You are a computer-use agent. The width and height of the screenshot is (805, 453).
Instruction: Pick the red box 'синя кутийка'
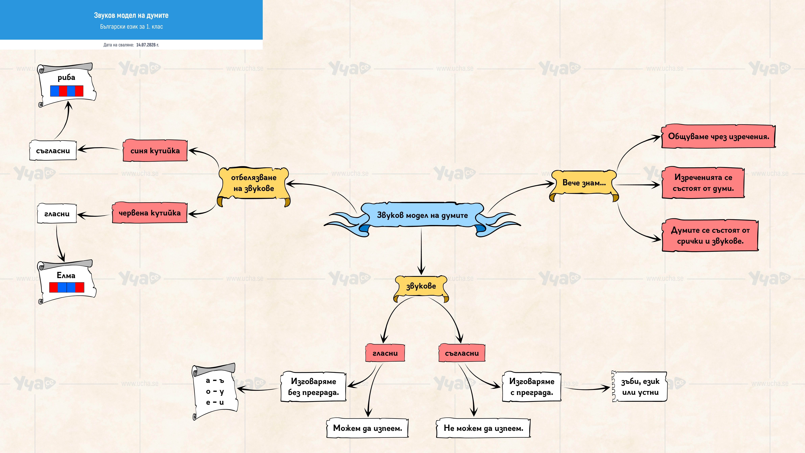(155, 151)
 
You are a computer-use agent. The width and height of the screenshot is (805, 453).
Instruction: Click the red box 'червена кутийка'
(150, 213)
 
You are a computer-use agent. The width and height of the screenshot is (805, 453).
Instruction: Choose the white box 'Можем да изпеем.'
(368, 428)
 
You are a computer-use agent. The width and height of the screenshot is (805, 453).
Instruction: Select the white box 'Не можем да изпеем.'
(483, 428)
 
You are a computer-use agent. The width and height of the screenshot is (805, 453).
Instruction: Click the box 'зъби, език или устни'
(640, 387)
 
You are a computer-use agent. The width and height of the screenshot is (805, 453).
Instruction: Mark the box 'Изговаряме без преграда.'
(313, 387)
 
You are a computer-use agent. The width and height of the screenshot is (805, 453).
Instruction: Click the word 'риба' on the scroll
(66, 78)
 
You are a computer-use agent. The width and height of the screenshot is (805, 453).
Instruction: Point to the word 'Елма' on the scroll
(66, 275)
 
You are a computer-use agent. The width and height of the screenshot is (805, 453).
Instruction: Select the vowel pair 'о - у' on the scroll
(215, 391)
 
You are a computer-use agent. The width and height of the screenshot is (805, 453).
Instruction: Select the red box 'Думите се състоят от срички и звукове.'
(710, 235)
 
